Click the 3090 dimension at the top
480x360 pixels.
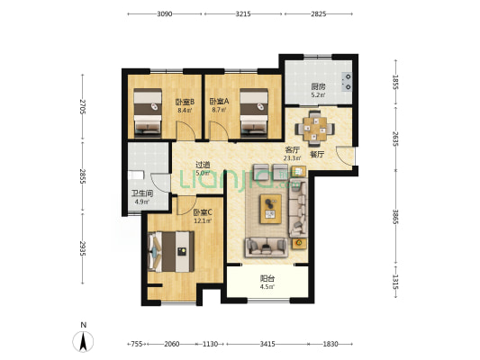pos(165,13)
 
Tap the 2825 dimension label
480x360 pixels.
pos(319,13)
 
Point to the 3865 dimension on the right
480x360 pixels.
pos(395,217)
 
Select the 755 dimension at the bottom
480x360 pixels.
pos(137,344)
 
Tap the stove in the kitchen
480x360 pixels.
pos(347,82)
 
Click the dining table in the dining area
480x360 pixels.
pos(314,130)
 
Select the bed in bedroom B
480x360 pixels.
pos(148,112)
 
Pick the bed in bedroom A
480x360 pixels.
pos(254,112)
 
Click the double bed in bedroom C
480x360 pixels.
pos(171,251)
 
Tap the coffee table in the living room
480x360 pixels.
pos(270,209)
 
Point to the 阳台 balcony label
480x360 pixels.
pos(267,279)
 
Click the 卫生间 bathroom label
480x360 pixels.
pos(142,193)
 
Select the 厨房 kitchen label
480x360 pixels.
pos(319,87)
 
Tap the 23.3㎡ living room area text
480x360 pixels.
pos(292,158)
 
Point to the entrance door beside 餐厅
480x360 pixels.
pos(345,156)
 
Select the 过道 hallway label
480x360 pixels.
pos(203,165)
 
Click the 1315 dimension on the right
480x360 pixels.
pos(395,282)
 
